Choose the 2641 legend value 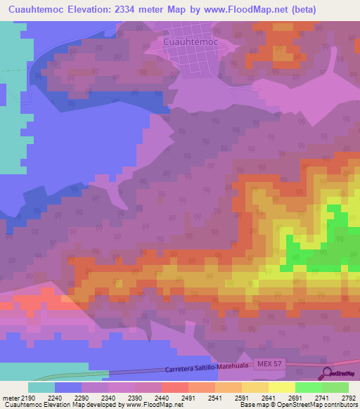point(267,398)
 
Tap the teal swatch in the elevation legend point(41,387)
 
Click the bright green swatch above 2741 point(308,387)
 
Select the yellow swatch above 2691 point(281,387)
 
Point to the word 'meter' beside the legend point(11,398)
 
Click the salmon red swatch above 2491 point(174,387)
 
